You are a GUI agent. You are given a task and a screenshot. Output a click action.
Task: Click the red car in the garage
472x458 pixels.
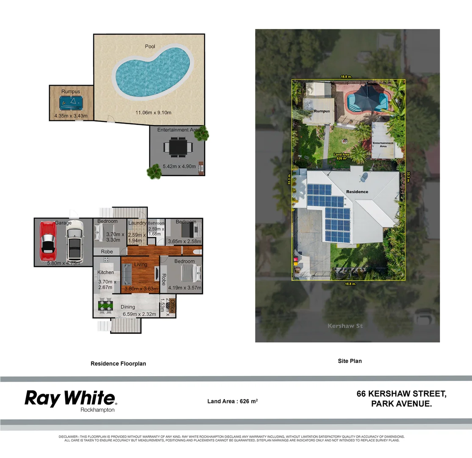coord(47,241)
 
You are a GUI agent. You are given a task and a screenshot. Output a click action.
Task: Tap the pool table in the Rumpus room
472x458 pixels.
coord(70,102)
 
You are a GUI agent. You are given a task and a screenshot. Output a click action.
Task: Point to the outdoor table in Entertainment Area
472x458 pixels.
coord(178,147)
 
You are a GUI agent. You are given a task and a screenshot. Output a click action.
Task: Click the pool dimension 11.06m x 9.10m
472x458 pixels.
coord(153,112)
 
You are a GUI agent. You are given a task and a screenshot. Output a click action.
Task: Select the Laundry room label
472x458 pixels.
coord(137,223)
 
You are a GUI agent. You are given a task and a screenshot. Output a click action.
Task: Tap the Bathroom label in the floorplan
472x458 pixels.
coord(156,223)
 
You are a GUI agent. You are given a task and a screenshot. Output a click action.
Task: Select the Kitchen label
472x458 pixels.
coord(106,272)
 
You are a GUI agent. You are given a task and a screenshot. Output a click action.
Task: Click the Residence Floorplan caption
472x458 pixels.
coord(118,363)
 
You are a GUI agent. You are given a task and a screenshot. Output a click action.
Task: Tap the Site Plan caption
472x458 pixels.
coord(350,361)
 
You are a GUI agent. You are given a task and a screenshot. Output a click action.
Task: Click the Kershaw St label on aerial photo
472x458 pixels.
coord(345,326)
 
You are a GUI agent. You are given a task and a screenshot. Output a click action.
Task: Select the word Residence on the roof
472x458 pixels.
coord(357,192)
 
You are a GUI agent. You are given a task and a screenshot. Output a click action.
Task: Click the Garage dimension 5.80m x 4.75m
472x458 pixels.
coord(63,263)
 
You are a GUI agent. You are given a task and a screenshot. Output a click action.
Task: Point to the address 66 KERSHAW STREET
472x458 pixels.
coord(401,394)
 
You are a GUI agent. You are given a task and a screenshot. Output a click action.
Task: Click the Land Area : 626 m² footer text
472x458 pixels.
coord(233,401)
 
